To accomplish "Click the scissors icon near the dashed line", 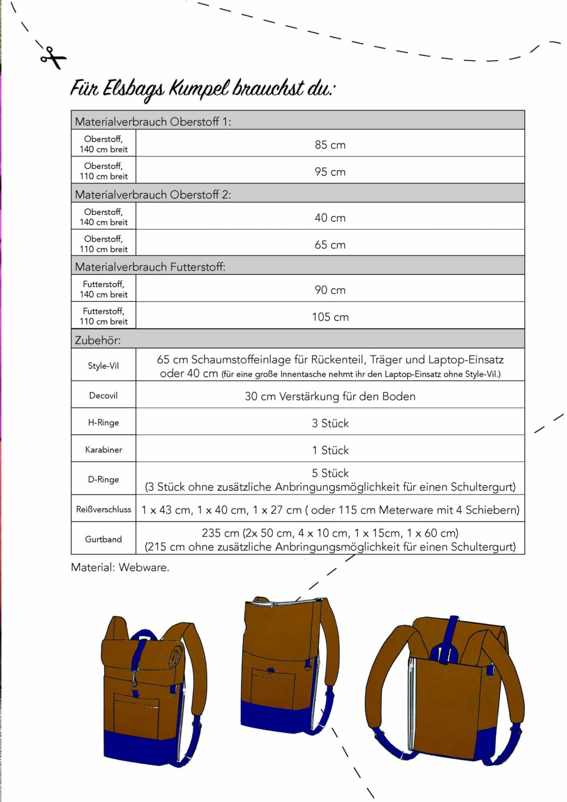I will coord(52,58).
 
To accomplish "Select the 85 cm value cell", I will coord(330,145).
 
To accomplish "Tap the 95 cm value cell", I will coord(330,172).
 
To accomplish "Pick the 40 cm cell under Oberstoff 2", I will coord(330,217).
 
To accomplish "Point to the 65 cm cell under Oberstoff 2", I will coord(330,244).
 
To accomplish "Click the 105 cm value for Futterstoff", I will coord(330,317).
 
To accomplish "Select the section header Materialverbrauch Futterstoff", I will coord(150,267).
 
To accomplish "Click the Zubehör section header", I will coord(98,340).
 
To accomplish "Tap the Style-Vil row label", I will coord(103,365).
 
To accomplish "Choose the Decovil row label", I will coord(103,395).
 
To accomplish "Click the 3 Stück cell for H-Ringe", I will coord(330,423).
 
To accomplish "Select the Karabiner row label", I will coord(103,449).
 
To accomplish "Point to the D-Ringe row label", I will coord(103,479).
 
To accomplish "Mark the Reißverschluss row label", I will coord(103,509).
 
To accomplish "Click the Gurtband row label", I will coord(103,539).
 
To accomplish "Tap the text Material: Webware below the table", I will coord(120,567).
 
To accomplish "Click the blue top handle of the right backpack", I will coord(452,636).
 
